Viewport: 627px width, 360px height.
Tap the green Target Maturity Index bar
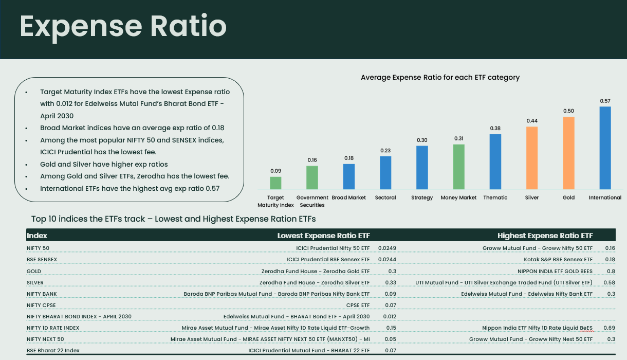275,183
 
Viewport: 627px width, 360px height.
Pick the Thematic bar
495,161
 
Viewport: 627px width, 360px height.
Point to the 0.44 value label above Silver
531,121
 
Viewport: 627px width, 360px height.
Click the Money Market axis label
458,197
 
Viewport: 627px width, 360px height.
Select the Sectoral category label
385,197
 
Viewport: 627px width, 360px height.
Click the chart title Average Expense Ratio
440,78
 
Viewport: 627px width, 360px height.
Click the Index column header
37,236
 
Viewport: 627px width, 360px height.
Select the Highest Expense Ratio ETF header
545,236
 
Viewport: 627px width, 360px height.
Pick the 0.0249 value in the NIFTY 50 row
387,248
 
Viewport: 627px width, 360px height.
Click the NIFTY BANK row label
42,294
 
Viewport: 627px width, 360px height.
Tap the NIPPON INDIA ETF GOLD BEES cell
555,271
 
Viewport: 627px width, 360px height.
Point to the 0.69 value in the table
610,328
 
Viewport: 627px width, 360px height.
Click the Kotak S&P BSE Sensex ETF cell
558,259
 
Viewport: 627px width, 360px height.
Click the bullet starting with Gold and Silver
104,165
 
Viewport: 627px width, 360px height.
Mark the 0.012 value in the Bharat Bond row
390,316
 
